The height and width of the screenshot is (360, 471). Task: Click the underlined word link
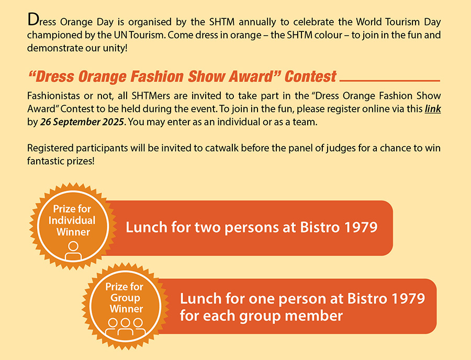(x=433, y=109)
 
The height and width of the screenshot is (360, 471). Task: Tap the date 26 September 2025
(x=82, y=122)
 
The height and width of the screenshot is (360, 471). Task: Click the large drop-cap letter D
(x=33, y=20)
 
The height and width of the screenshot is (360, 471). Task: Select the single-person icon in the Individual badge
(x=73, y=251)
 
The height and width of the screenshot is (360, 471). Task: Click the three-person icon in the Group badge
(x=125, y=327)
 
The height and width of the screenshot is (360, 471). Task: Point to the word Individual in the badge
(x=72, y=220)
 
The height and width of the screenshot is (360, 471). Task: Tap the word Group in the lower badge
(x=125, y=298)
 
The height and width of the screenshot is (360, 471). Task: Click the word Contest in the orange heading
(x=310, y=76)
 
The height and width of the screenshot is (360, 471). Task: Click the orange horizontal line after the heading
(x=390, y=81)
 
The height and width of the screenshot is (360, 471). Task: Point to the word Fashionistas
(x=54, y=96)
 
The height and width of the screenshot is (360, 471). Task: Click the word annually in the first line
(x=257, y=22)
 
